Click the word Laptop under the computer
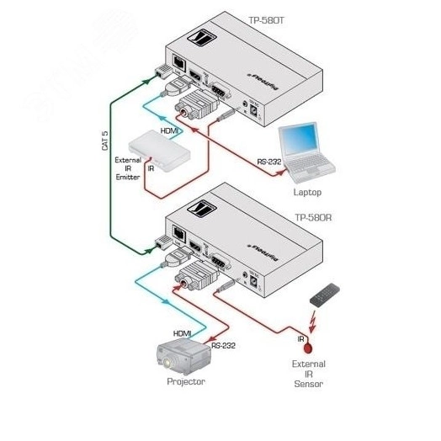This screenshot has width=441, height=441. coord(306,192)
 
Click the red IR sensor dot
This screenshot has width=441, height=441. coord(309,346)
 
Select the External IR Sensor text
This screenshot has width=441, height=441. coord(307,375)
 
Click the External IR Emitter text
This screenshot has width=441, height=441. coord(128,167)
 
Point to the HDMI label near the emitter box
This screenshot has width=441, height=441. coord(170,131)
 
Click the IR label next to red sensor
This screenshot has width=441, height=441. coord(300,337)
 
